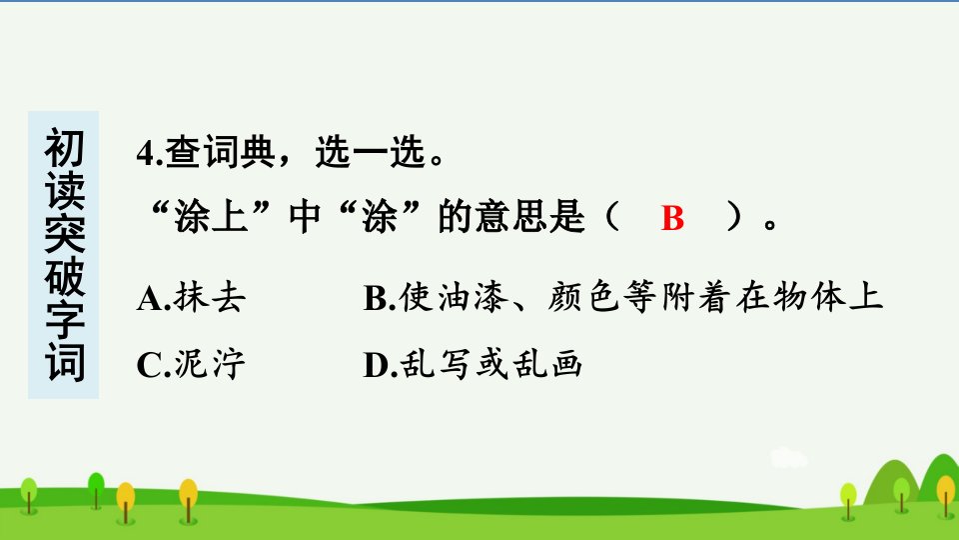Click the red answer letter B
(672, 217)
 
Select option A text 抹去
(210, 298)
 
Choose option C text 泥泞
(210, 364)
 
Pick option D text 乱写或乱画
(491, 364)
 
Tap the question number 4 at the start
(146, 152)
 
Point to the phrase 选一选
(370, 152)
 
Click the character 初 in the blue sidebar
(64, 148)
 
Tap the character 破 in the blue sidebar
(64, 276)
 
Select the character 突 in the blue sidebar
(64, 233)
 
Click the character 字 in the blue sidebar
(64, 319)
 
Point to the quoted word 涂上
(211, 216)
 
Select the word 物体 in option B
(809, 298)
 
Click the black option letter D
(377, 366)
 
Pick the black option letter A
(150, 299)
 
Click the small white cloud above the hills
(789, 458)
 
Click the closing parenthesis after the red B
(733, 216)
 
